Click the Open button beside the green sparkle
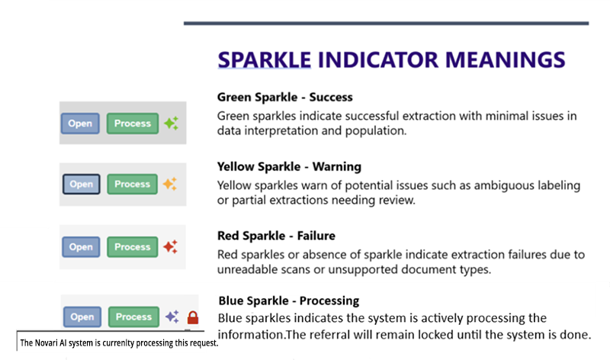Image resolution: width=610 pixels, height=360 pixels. [x=80, y=124]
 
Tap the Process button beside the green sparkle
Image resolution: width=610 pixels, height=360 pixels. [x=132, y=124]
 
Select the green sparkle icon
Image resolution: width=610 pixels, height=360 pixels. [x=171, y=123]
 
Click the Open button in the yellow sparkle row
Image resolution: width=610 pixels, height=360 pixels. [x=80, y=184]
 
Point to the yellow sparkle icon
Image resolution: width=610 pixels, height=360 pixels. [x=170, y=184]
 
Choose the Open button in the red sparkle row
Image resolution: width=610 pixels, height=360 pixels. [x=80, y=247]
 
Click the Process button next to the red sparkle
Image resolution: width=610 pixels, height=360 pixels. [x=132, y=247]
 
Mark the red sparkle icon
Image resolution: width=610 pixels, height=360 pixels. [x=171, y=246]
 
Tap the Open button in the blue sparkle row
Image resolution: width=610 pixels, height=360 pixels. [x=82, y=317]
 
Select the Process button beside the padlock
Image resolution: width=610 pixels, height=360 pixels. [x=133, y=317]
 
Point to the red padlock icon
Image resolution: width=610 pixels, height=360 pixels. [x=192, y=317]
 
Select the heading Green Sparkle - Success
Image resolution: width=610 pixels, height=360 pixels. [x=284, y=98]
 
